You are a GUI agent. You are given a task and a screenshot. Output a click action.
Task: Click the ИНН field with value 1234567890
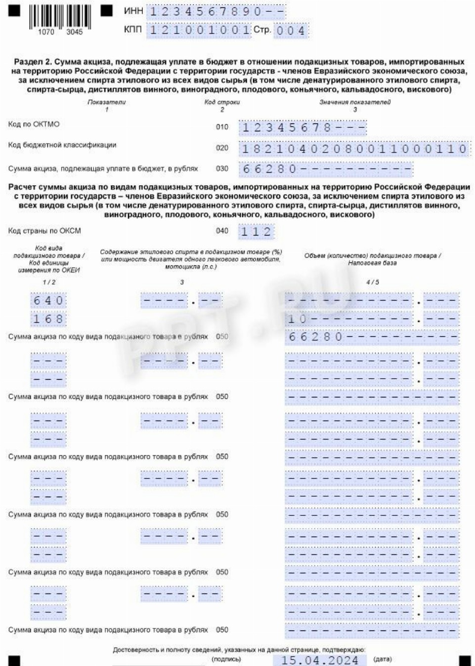coord(216,11)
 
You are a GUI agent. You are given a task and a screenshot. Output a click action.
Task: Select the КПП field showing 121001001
coord(199,30)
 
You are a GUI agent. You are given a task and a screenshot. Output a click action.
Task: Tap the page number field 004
coord(291,31)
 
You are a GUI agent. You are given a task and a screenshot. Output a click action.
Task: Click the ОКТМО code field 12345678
coord(302,128)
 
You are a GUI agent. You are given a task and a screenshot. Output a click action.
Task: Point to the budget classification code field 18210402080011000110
coord(354,149)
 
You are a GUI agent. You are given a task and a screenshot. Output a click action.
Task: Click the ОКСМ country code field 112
coord(256,232)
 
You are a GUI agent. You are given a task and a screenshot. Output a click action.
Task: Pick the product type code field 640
coord(48,301)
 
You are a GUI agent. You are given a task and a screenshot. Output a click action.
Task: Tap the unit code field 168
coord(48,319)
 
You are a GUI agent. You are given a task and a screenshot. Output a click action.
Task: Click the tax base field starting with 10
coord(348,319)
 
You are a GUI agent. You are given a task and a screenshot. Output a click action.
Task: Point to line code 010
coord(222,127)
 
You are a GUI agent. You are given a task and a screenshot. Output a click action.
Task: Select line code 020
coord(222,148)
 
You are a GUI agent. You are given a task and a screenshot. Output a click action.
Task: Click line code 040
coord(222,231)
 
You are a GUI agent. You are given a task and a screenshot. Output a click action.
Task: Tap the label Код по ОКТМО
coord(34,124)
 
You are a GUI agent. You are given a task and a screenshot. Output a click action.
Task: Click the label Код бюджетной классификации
coord(62,145)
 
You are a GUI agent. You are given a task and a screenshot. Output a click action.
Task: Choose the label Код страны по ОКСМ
coord(44,231)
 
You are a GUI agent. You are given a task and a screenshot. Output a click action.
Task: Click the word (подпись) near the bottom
coord(226,659)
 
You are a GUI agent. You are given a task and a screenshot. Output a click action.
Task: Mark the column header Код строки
coord(222,102)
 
